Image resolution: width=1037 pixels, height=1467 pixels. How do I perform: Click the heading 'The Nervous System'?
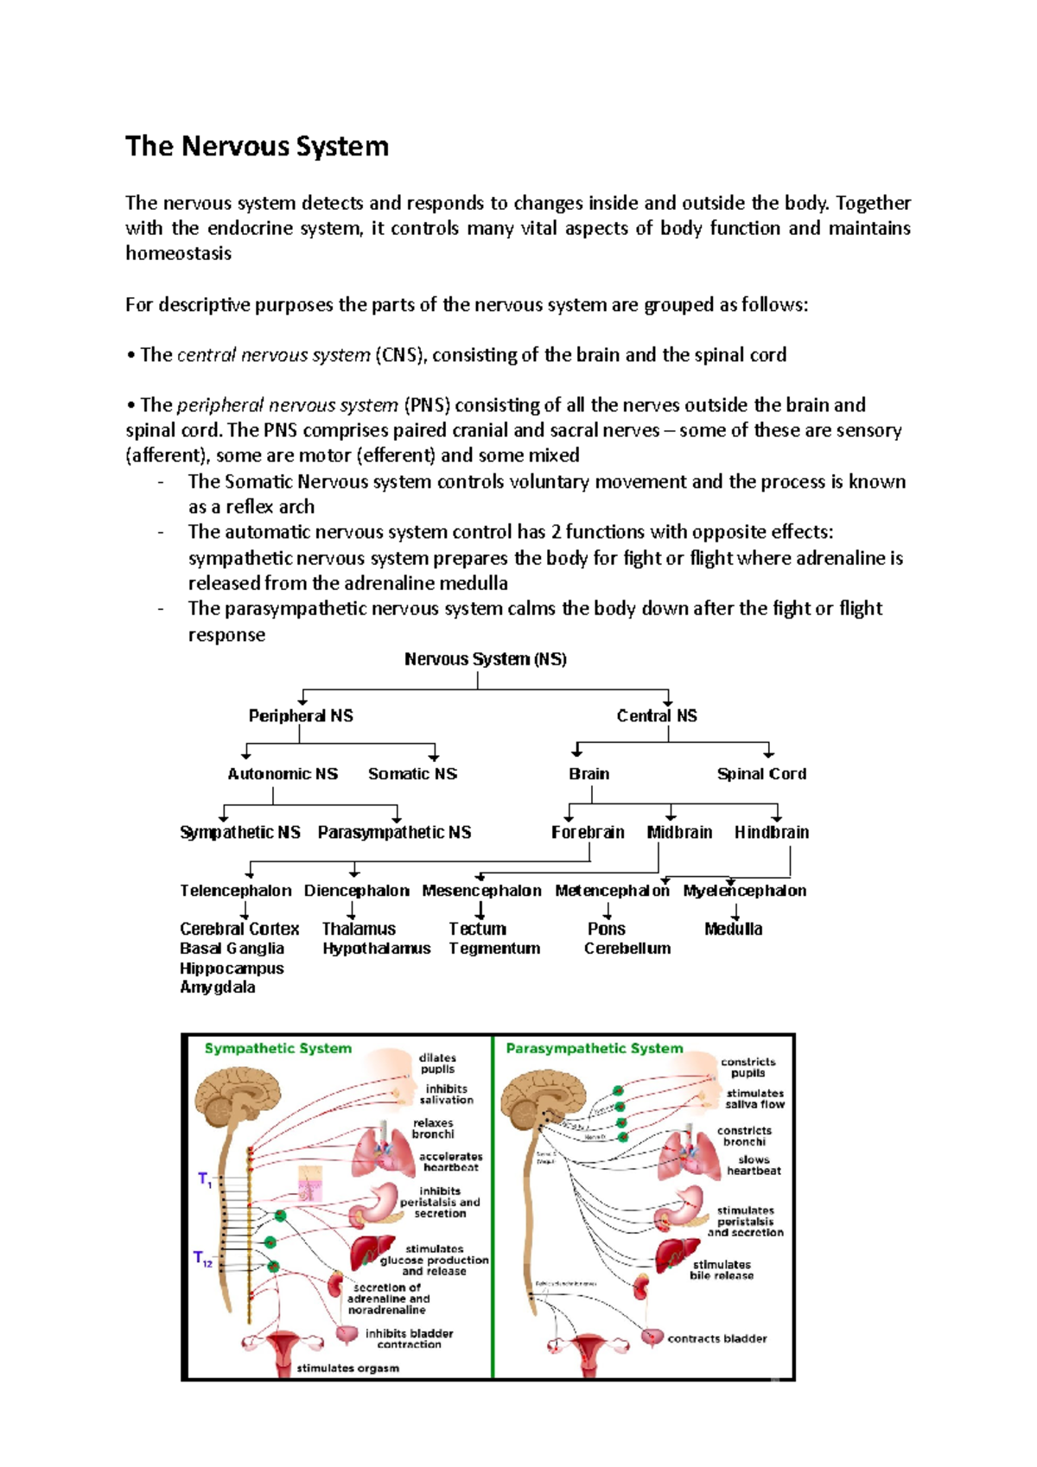[x=257, y=146]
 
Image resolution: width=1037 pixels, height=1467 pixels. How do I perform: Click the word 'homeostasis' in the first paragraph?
[x=178, y=253]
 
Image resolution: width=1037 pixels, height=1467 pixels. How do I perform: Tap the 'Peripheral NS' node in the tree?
[x=301, y=715]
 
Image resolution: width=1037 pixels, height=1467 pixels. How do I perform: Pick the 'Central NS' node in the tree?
[x=657, y=715]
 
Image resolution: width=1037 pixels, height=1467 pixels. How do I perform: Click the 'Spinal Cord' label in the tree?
[x=761, y=774]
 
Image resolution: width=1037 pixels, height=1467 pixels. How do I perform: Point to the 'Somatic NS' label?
[x=412, y=774]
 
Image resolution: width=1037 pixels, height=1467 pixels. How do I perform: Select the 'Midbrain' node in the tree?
[x=679, y=832]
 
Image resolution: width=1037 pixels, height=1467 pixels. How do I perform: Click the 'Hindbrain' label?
[x=772, y=832]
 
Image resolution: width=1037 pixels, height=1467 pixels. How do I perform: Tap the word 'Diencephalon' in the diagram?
[x=356, y=891]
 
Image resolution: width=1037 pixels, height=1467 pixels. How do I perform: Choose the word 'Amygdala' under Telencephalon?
[x=218, y=987]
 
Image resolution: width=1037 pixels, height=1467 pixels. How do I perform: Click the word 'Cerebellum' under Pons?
[x=627, y=948]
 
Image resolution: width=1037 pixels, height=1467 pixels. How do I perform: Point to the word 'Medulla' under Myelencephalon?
[x=733, y=929]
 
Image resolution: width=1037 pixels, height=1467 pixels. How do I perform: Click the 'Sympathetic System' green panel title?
[x=278, y=1048]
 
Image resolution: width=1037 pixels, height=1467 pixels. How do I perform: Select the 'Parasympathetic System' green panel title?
[x=595, y=1048]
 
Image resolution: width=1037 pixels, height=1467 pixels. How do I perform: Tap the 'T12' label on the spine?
[x=203, y=1259]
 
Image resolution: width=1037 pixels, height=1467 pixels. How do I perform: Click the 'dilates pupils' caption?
[x=437, y=1064]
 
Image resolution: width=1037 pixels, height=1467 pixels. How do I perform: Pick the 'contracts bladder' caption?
[x=717, y=1338]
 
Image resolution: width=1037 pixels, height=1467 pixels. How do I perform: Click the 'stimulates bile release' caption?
[x=722, y=1269]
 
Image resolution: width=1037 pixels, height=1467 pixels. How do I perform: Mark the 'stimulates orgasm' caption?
[x=348, y=1368]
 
